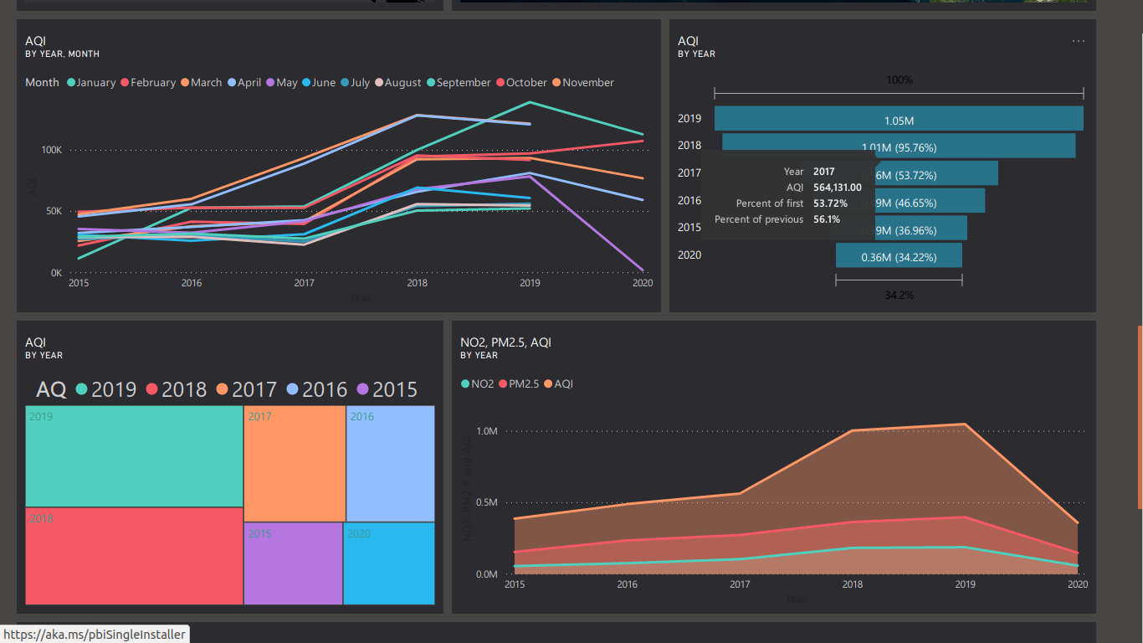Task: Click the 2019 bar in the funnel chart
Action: pyautogui.click(x=899, y=119)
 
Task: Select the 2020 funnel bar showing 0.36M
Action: pyautogui.click(x=899, y=255)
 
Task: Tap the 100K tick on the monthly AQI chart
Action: pyautogui.click(x=52, y=150)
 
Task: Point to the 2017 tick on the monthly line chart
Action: pyautogui.click(x=304, y=284)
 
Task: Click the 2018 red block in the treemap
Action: pyautogui.click(x=134, y=555)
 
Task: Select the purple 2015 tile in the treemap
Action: pyautogui.click(x=293, y=563)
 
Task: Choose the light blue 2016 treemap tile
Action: pyautogui.click(x=390, y=464)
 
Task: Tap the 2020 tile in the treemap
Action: pyautogui.click(x=389, y=563)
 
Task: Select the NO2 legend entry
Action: pyautogui.click(x=477, y=384)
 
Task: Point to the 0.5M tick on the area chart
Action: pyautogui.click(x=487, y=502)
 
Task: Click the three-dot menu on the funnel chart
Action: pyautogui.click(x=1079, y=41)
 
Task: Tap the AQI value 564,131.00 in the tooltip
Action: pyautogui.click(x=838, y=188)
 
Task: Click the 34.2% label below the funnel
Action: pyautogui.click(x=899, y=296)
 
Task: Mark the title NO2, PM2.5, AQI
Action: pyautogui.click(x=505, y=342)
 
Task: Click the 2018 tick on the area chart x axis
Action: pyautogui.click(x=853, y=584)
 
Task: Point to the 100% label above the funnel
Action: pyautogui.click(x=900, y=80)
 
